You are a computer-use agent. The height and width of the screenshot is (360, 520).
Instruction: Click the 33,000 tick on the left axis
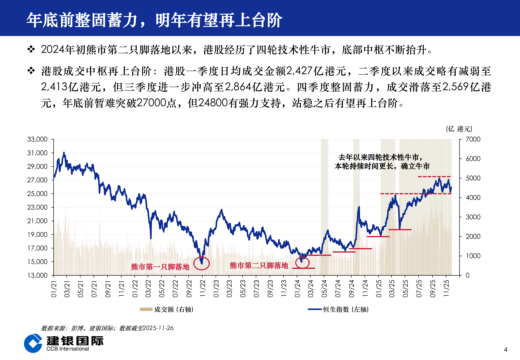(37, 139)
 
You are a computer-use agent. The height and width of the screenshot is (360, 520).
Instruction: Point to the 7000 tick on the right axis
(473, 139)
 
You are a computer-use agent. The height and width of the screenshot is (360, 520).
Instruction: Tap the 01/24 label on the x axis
(297, 289)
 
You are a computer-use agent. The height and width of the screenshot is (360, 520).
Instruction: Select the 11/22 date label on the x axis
(202, 289)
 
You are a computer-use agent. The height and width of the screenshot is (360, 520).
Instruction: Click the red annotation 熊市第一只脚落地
(160, 267)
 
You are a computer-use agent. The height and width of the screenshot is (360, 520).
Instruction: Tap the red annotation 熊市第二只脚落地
(259, 266)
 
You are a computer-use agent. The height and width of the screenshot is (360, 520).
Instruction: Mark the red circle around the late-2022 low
(202, 263)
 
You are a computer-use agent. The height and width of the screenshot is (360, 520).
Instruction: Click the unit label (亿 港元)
(459, 129)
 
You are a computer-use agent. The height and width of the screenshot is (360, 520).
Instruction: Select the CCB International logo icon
(33, 343)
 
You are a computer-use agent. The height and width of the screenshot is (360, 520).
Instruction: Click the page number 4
(506, 350)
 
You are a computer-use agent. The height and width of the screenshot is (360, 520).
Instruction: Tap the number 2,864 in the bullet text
(238, 87)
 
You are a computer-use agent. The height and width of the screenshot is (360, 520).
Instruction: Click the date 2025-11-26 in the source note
(158, 328)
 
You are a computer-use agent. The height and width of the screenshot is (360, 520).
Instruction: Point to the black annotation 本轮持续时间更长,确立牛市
(382, 166)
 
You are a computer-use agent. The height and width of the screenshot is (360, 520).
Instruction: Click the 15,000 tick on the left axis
(37, 262)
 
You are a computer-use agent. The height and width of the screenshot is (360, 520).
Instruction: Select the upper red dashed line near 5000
(434, 176)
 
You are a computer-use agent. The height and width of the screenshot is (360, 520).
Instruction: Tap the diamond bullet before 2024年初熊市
(31, 50)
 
